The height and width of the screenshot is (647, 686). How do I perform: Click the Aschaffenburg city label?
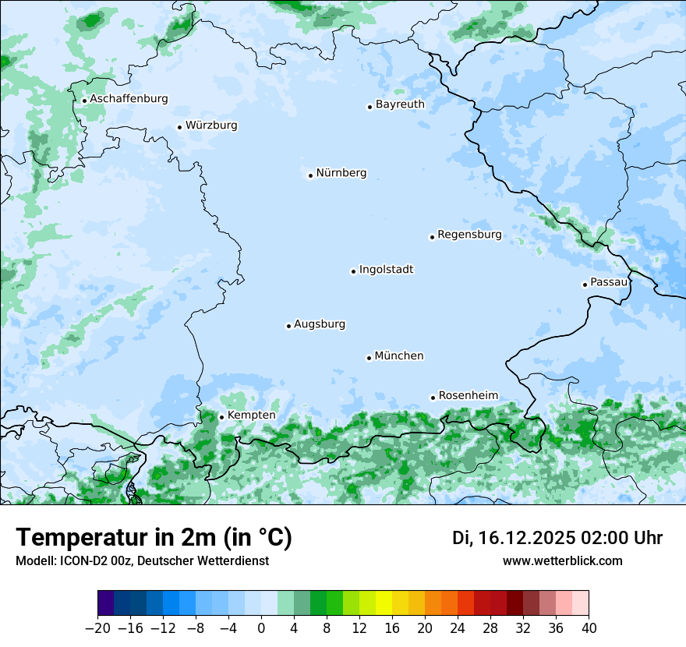pos(129,99)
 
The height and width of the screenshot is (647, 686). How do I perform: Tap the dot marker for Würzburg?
pos(179,127)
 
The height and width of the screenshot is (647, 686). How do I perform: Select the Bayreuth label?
pos(400,104)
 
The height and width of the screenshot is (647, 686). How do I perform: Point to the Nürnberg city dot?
pos(310,175)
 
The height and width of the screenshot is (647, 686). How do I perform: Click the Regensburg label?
pos(469,235)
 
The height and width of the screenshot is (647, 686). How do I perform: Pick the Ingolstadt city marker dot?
pos(353,272)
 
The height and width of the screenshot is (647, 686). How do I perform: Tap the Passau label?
pos(608,282)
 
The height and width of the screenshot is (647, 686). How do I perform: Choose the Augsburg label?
pos(320,324)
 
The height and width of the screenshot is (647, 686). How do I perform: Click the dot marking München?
pos(369,358)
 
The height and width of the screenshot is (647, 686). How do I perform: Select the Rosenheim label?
pos(468,396)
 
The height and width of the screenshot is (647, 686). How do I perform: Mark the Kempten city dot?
pos(221,417)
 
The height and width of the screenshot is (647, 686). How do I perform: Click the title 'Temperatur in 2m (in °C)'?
pos(154,538)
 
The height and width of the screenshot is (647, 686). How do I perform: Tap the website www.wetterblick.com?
pos(562,561)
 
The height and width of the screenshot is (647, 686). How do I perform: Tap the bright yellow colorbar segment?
pos(384,603)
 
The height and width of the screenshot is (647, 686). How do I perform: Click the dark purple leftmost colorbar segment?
pos(105,603)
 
